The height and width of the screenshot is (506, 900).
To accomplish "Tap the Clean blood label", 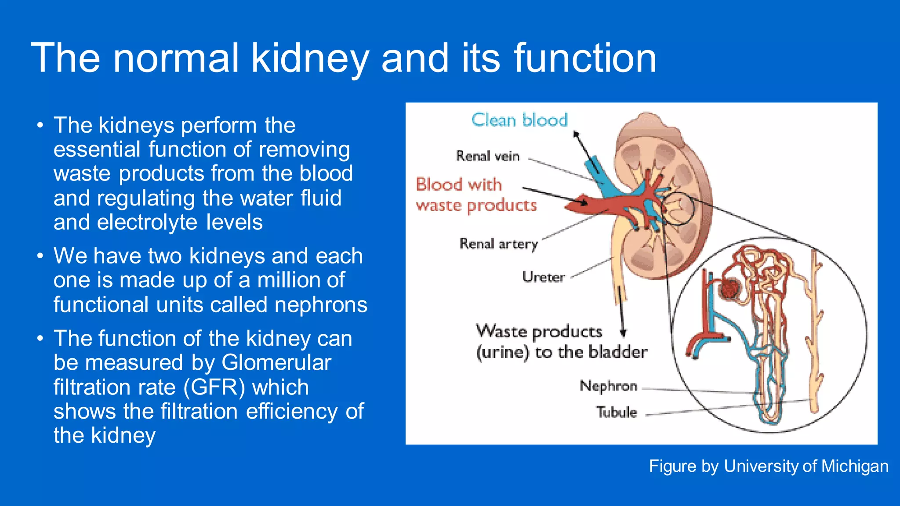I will pyautogui.click(x=519, y=120).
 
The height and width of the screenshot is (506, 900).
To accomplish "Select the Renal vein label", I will pyautogui.click(x=488, y=156).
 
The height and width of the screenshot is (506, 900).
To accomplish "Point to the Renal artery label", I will pyautogui.click(x=499, y=244).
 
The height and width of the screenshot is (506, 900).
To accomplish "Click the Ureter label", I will pyautogui.click(x=544, y=277).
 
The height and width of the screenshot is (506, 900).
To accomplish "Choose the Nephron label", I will pyautogui.click(x=608, y=386).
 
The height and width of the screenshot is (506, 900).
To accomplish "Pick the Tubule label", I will pyautogui.click(x=616, y=412).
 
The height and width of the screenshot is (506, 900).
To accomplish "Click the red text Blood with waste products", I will pyautogui.click(x=476, y=195).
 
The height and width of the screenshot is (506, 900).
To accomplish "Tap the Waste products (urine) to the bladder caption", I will pyautogui.click(x=561, y=342).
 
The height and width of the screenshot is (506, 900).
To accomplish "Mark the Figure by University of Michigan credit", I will pyautogui.click(x=769, y=466).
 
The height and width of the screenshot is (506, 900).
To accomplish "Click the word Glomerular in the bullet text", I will pyautogui.click(x=276, y=363).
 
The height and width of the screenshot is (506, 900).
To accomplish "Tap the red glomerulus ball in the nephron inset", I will pyautogui.click(x=730, y=290).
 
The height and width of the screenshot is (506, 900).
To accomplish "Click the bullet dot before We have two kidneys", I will pyautogui.click(x=40, y=256).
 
